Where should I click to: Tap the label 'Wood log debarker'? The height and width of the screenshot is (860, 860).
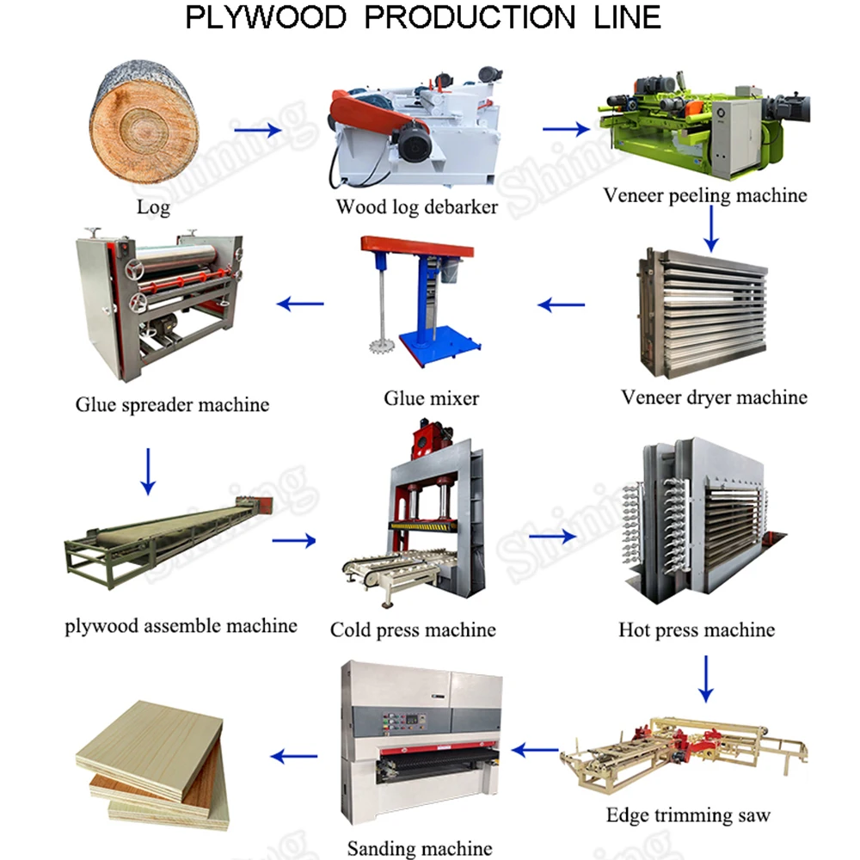416,207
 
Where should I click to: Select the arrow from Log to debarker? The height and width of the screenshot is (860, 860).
258,131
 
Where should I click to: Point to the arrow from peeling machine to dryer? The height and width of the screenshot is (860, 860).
710,228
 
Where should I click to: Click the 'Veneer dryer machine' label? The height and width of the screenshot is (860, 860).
714,397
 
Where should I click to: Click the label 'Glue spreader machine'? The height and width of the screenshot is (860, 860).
172,404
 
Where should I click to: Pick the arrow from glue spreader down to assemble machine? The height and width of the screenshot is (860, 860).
149,470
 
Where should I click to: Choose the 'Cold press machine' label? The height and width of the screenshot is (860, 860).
413,630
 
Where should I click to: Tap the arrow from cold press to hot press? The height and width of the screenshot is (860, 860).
551,537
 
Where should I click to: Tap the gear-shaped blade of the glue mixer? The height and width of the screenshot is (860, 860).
378,348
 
